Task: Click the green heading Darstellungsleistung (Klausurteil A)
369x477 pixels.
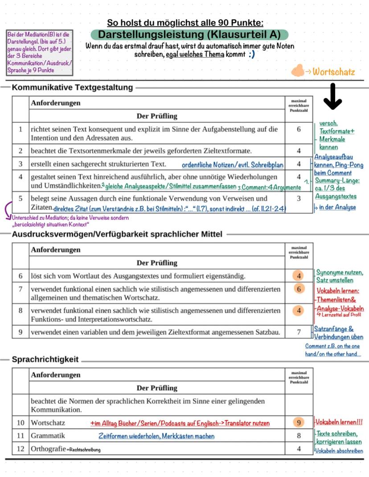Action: (189, 35)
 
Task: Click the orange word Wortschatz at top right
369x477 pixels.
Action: (334, 71)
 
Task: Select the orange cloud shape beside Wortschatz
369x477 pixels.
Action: (297, 71)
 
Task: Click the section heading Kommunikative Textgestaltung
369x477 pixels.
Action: (73, 87)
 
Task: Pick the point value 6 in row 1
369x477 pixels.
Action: (299, 129)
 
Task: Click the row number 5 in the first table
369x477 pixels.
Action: (20, 198)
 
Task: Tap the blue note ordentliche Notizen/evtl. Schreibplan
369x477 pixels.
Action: (233, 165)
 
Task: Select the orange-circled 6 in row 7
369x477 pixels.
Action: (299, 289)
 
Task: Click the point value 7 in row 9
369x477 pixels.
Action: (299, 332)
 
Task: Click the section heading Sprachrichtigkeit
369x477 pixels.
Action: (45, 359)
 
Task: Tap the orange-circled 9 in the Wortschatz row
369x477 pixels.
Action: (299, 422)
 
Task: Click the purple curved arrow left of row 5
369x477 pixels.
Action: (8, 209)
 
